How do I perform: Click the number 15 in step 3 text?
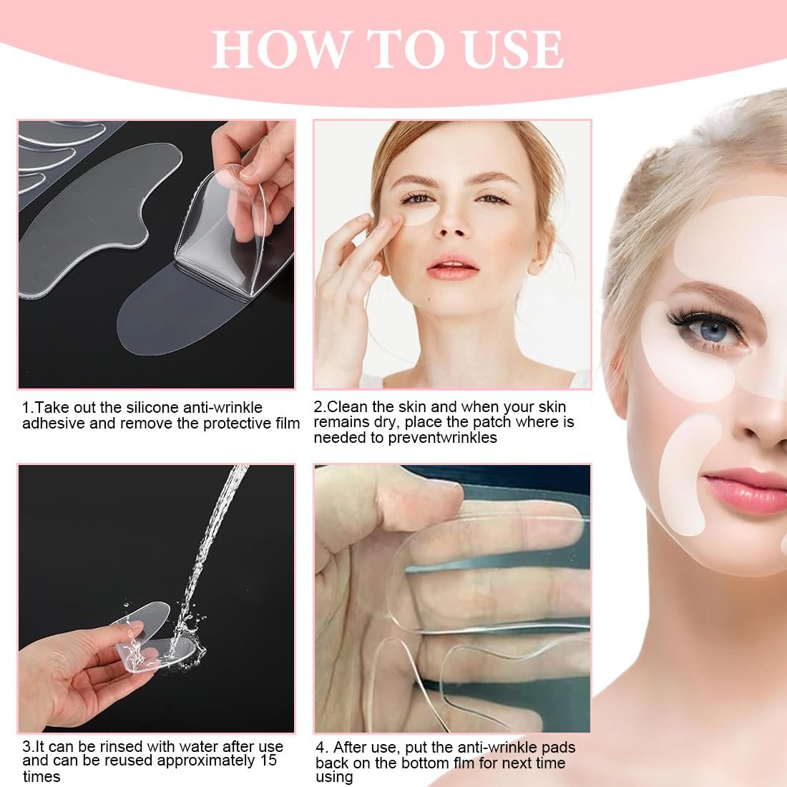268,761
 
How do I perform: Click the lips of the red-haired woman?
452,267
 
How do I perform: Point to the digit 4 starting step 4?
320,748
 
